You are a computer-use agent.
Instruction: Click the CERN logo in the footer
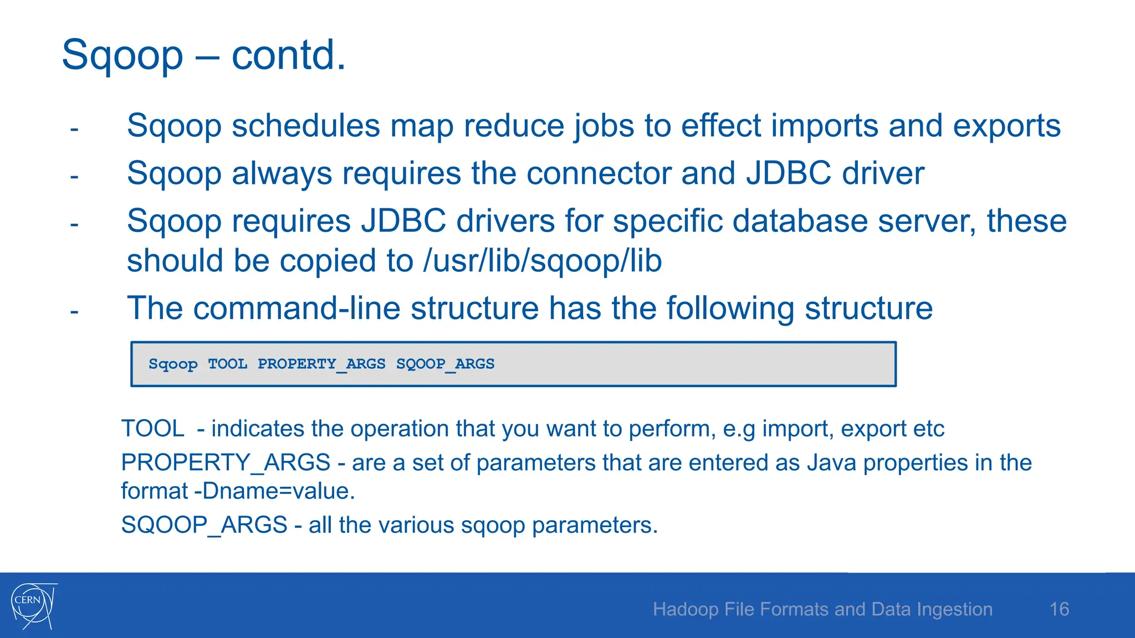(33, 605)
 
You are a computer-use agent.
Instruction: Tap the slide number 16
(1059, 609)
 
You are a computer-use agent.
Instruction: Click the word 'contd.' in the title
(288, 55)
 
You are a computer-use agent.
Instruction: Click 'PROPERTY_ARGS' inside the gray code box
(321, 364)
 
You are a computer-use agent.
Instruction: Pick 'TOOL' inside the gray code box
(227, 364)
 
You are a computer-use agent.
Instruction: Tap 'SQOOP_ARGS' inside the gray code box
(445, 364)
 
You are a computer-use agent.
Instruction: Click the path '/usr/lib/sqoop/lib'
(542, 261)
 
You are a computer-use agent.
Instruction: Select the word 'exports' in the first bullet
(1006, 126)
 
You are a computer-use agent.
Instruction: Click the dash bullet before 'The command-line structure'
(74, 312)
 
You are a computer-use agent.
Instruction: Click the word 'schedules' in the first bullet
(305, 126)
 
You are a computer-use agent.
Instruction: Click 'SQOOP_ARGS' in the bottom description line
(204, 525)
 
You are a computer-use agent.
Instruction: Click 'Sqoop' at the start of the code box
(173, 364)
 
